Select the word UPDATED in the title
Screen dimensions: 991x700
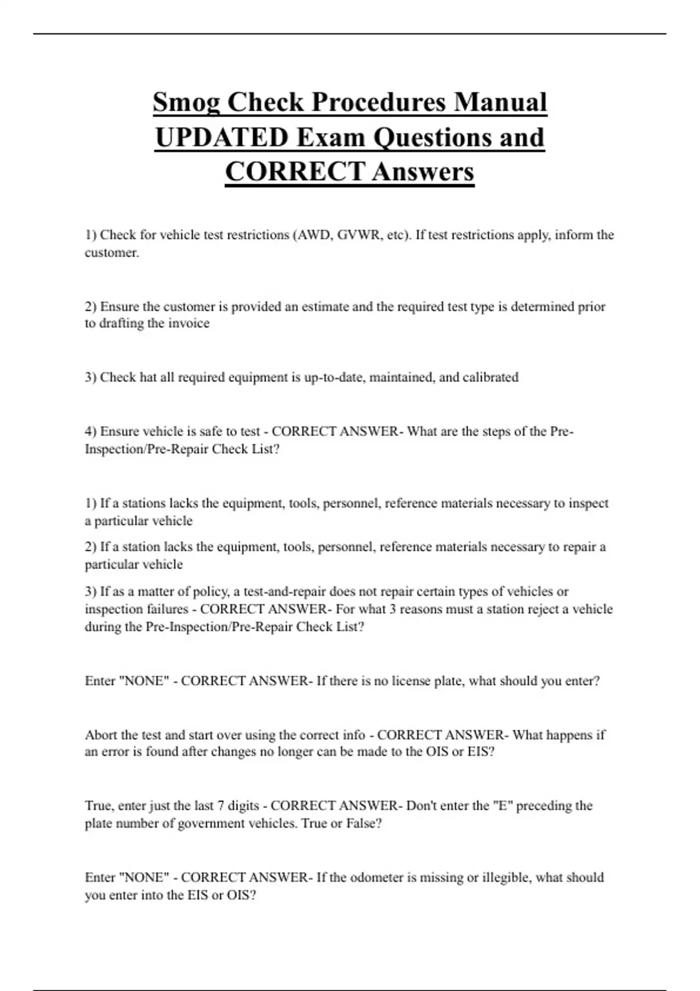click(x=222, y=138)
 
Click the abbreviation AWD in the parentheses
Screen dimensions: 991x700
click(x=312, y=235)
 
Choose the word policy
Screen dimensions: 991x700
click(x=210, y=592)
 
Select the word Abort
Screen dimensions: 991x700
click(x=101, y=735)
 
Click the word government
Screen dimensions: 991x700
click(x=207, y=823)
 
